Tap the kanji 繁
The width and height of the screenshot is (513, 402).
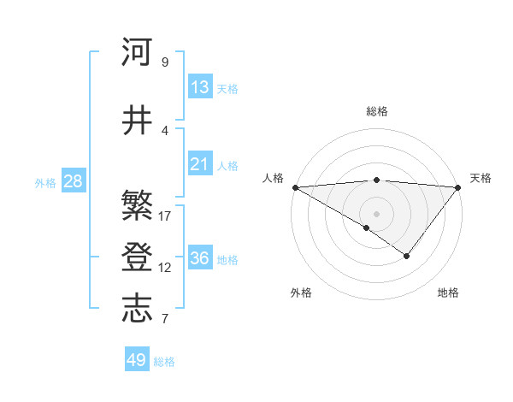coord(138,205)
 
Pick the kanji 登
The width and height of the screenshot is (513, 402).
coord(138,257)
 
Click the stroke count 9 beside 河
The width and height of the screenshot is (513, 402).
coord(164,62)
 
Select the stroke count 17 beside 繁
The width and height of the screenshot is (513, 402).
coord(165,216)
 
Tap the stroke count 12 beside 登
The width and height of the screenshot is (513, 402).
coord(165,268)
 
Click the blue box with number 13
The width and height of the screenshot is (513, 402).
coord(200,87)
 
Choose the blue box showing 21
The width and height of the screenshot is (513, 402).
coord(200,164)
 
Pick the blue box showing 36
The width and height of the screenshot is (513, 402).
coord(200,258)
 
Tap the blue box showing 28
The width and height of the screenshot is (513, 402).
coord(73,181)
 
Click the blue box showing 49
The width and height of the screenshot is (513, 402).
coord(137,360)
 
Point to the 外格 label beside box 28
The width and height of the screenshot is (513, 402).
coord(45,182)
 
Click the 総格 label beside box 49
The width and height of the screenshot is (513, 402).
coord(165,362)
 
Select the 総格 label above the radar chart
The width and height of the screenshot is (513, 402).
coord(377,111)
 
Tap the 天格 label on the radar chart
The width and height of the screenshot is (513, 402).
coord(481,178)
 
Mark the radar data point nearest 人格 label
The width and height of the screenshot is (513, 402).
coord(295,187)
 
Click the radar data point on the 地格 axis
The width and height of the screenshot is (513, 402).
coord(407,256)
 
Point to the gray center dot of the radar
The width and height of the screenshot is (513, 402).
coord(377,213)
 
